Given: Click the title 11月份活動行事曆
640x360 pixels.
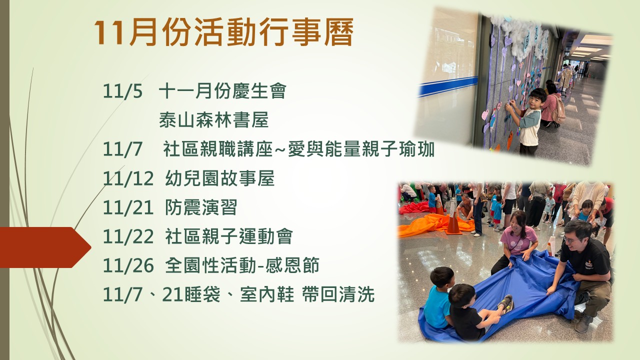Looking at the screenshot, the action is [x=223, y=32].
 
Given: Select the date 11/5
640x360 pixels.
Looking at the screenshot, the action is [x=122, y=91].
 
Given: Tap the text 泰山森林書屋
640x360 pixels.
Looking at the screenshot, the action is [x=213, y=120].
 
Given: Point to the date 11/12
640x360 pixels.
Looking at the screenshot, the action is [x=128, y=178].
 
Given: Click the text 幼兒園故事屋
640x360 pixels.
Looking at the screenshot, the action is [x=219, y=178].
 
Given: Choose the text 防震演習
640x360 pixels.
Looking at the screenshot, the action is [x=201, y=207].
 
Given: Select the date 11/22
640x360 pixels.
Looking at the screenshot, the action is [x=128, y=237].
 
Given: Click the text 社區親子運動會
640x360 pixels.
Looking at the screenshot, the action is [x=229, y=236].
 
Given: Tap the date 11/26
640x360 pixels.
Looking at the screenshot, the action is [x=128, y=266].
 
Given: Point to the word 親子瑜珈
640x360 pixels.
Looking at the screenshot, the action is [x=398, y=149].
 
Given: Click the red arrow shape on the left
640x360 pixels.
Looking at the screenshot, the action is [x=45, y=247].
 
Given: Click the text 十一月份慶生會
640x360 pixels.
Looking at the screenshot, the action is [x=222, y=91].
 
